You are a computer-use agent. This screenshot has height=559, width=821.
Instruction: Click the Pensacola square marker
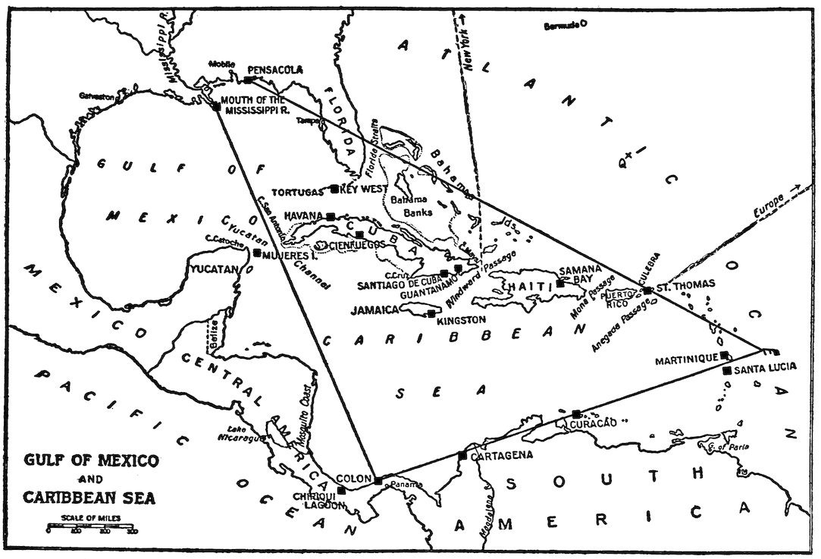point(249,80)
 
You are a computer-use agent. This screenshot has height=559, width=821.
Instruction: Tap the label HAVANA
point(306,215)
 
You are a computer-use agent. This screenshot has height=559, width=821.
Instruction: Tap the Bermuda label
point(561,26)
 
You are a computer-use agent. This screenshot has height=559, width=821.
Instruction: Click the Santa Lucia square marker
point(727,370)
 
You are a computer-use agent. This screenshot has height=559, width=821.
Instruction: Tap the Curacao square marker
point(576,413)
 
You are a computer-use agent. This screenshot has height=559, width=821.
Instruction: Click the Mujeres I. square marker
point(257,253)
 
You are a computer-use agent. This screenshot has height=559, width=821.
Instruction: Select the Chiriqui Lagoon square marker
point(341,490)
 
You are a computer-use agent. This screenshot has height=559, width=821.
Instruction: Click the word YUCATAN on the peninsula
point(213,269)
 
